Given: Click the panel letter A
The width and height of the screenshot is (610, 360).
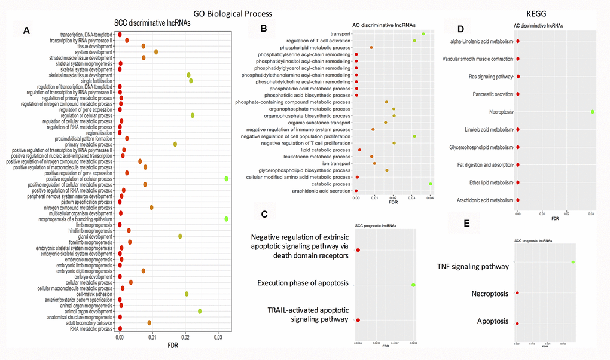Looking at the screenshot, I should coord(26,30).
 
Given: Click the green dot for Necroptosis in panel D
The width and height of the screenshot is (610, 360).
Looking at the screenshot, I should coord(593,112).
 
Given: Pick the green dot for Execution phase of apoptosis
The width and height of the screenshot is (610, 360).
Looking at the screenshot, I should coord(413,285).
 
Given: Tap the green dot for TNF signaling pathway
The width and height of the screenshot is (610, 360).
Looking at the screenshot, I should coord(573,262).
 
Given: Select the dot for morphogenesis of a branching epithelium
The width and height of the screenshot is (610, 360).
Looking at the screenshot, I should coord(226,219).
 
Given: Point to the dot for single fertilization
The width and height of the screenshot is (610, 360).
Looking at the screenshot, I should coord(191,81).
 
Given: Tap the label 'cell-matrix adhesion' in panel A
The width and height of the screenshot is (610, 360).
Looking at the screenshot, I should coord(90,294).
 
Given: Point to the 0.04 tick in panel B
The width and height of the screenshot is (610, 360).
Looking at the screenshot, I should coord(430,196).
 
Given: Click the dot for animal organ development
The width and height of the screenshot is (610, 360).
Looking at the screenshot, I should coord(200,311).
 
